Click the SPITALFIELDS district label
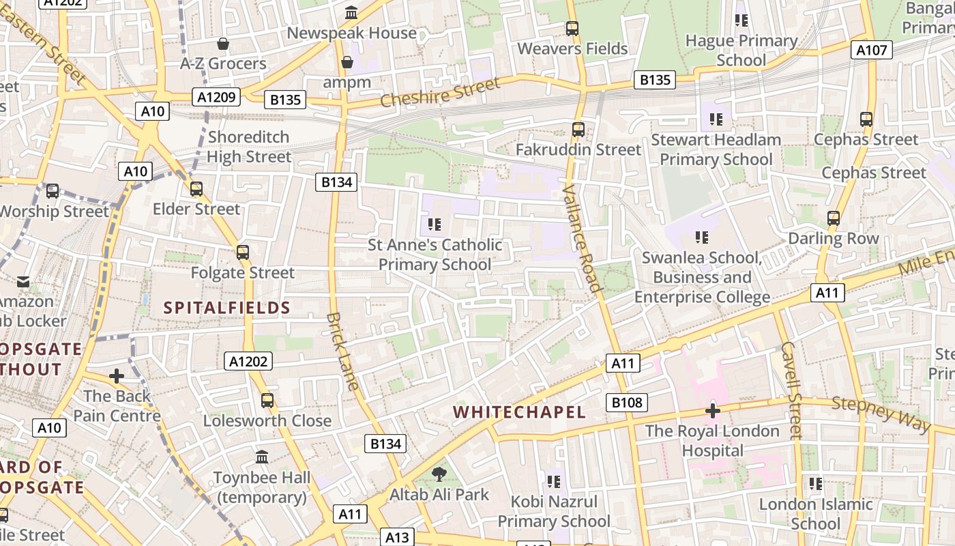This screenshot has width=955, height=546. pyautogui.click(x=227, y=308)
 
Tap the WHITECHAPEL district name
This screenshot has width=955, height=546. pyautogui.click(x=519, y=412)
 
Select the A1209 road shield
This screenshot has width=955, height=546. pyautogui.click(x=216, y=97)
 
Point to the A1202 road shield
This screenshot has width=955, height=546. pyautogui.click(x=248, y=361)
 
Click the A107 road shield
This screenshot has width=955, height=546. pyautogui.click(x=872, y=50)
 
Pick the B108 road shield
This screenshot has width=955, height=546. pyautogui.click(x=627, y=402)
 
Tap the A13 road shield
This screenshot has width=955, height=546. pyautogui.click(x=396, y=536)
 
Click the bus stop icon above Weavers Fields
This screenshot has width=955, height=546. pyautogui.click(x=572, y=29)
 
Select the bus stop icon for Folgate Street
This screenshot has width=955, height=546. pyautogui.click(x=243, y=253)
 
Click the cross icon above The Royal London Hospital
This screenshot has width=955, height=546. pyautogui.click(x=713, y=411)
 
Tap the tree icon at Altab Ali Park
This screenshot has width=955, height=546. pyautogui.click(x=439, y=474)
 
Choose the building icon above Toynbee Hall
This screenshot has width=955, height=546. pyautogui.click(x=262, y=457)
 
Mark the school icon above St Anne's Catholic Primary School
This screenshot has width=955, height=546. pyautogui.click(x=435, y=224)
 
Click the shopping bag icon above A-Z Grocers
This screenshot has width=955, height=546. pyautogui.click(x=222, y=44)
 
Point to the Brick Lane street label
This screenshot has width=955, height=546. pyautogui.click(x=342, y=351)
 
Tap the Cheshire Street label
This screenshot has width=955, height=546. pyautogui.click(x=439, y=93)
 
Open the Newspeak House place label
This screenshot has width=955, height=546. pyautogui.click(x=351, y=33)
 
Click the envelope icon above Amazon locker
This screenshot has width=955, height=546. pyautogui.click(x=23, y=281)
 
